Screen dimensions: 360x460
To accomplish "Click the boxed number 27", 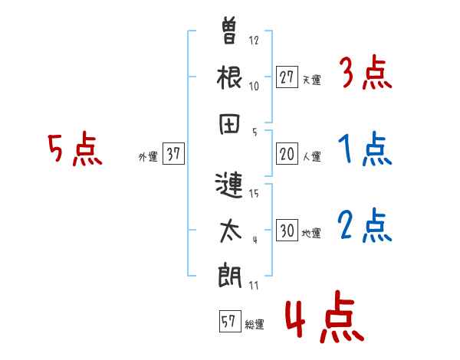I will (x=287, y=77).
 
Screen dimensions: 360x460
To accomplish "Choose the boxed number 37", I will (x=172, y=155).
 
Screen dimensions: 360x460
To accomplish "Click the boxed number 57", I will (x=228, y=322).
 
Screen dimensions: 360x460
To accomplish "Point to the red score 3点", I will (x=366, y=74).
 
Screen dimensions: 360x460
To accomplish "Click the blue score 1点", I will (x=366, y=150).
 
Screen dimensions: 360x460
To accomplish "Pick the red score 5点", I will (x=74, y=150).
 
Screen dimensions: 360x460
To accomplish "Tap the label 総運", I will (x=254, y=325).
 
